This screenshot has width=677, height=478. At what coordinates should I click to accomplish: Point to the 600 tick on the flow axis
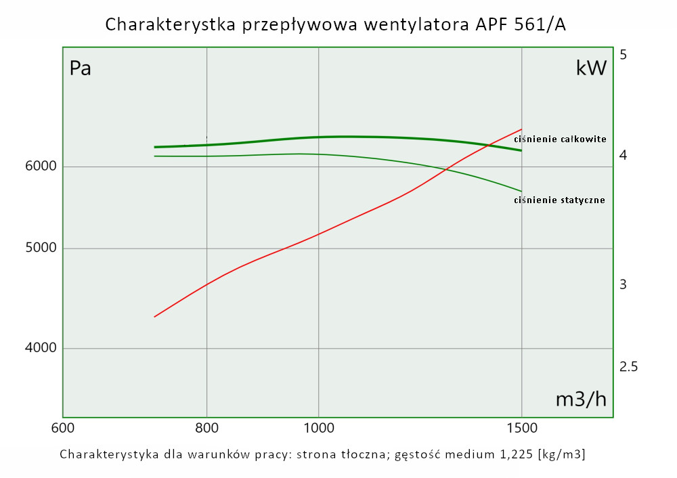[x=62, y=428]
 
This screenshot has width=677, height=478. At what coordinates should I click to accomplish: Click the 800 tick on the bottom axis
[x=206, y=428]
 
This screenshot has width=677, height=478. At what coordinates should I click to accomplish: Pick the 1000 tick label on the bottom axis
[x=319, y=428]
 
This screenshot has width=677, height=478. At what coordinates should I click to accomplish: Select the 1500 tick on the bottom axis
[x=521, y=428]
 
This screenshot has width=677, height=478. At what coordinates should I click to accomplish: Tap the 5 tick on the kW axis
[x=624, y=54]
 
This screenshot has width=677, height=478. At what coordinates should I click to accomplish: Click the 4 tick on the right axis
[x=624, y=156]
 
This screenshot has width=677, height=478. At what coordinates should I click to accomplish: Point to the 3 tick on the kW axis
[x=624, y=284]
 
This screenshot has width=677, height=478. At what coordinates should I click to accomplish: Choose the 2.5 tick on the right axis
[x=629, y=367]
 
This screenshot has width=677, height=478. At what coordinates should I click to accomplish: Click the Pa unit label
[x=81, y=68]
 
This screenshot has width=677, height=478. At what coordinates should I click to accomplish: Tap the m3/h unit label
[x=581, y=399]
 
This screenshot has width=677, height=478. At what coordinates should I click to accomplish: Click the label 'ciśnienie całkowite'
[x=560, y=139]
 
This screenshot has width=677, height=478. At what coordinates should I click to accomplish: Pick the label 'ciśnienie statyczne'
[x=559, y=200]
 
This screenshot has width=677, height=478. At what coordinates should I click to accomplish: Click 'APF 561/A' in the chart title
[x=519, y=25]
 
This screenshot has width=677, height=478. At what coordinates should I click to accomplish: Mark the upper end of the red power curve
[x=521, y=129]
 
